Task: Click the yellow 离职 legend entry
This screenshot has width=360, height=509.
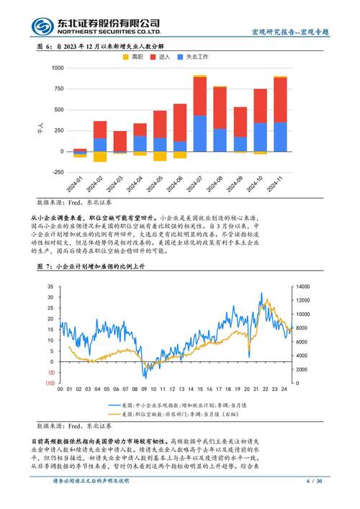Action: point(137,56)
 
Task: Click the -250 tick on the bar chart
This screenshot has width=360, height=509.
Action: point(55,172)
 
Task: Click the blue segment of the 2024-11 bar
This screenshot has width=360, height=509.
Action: point(280,137)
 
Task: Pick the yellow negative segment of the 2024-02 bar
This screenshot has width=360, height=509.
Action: point(100,156)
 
